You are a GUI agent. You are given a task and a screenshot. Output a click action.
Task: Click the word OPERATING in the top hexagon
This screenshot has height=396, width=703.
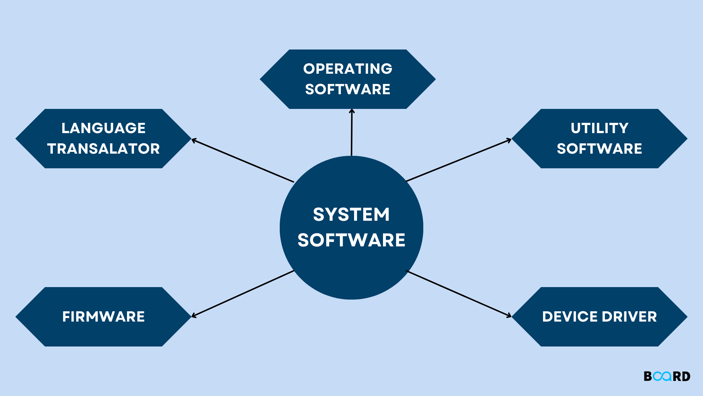coord(347,69)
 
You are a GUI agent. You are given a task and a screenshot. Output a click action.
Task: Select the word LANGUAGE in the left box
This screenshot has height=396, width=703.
coord(103,128)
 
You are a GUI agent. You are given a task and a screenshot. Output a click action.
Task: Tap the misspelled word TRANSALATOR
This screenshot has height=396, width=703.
coord(103,149)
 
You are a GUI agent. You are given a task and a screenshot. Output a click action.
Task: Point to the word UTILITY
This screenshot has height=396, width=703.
coord(599,128)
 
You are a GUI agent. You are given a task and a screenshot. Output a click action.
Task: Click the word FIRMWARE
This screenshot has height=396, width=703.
coord(103,317)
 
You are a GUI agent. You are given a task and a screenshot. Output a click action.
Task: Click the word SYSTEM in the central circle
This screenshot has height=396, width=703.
coord(351,214)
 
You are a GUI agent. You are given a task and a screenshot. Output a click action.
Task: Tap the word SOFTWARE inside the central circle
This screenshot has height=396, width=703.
coord(351,240)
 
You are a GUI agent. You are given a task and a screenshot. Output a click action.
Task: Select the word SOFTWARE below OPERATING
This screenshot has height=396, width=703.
coord(347,89)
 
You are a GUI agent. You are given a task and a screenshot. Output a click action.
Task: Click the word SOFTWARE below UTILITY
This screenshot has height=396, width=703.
coord(599,149)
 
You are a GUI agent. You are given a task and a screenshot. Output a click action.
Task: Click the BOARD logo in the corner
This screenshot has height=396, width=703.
coord(667,376)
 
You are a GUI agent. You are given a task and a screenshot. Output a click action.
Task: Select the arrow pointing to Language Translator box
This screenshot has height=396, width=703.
coord(243,161)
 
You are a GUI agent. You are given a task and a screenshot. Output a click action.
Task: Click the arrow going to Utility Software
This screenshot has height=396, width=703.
coord(458,160)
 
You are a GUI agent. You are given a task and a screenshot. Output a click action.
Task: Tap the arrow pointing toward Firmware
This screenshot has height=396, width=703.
coord(243,294)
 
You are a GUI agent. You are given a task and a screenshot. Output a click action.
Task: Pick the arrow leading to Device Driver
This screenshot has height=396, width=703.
coord(458,294)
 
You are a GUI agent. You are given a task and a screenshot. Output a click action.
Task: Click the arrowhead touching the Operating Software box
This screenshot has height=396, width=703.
coord(352,111)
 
